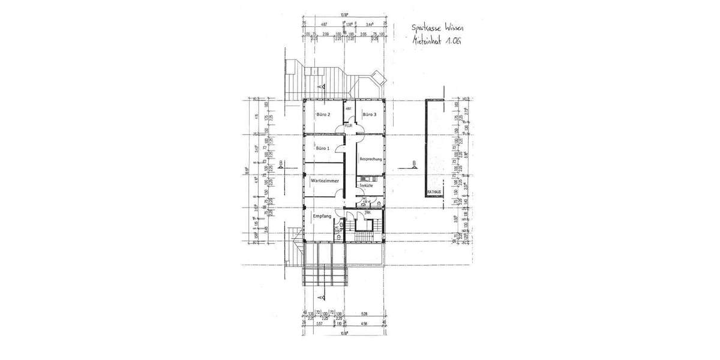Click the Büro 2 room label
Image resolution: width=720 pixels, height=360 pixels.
point(324,115)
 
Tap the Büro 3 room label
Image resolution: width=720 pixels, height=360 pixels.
point(370,115)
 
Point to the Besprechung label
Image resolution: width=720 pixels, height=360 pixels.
point(371,159)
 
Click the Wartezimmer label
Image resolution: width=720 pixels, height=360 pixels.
point(325,181)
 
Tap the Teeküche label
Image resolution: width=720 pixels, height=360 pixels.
point(366,186)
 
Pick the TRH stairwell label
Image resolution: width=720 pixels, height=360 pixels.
point(367,213)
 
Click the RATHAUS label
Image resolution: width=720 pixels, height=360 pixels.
point(434,192)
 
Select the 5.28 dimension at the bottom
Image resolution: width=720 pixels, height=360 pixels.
point(364,313)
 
